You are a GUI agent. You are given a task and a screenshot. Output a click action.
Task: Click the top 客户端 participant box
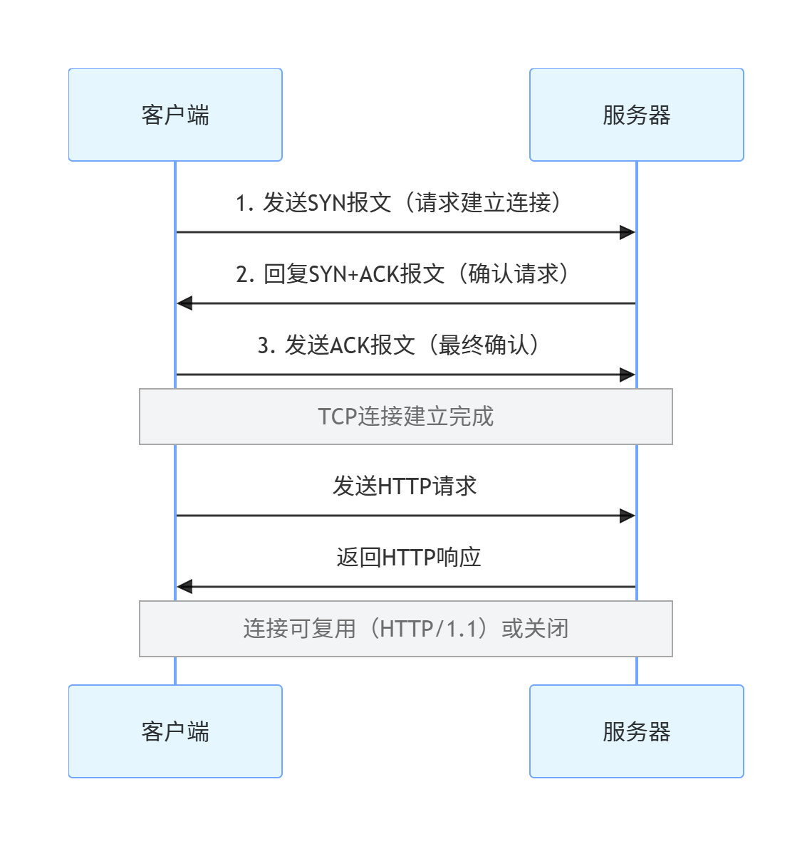point(175,115)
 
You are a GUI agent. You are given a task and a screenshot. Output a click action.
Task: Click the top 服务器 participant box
point(636,115)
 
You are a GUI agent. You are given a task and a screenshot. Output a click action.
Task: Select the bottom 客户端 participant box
point(175,731)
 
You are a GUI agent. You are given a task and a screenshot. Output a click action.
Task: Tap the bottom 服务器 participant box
point(636,731)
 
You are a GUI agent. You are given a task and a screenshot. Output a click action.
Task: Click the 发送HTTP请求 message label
point(405,486)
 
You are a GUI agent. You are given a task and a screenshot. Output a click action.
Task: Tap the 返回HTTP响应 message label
point(408,558)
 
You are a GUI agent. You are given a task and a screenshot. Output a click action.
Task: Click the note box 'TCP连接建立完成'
point(405,417)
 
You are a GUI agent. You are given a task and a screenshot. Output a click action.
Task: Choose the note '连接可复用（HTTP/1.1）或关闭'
point(405,629)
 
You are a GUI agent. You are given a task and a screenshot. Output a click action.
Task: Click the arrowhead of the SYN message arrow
point(628,232)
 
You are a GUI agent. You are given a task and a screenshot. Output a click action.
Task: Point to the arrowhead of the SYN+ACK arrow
point(184,303)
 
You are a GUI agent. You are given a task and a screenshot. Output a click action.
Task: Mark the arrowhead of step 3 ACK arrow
point(628,375)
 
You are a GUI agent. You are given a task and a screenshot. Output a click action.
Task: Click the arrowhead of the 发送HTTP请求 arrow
point(628,516)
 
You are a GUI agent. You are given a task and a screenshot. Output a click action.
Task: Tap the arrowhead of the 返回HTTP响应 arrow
point(184,587)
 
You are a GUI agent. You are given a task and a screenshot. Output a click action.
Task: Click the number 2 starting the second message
point(241,275)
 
